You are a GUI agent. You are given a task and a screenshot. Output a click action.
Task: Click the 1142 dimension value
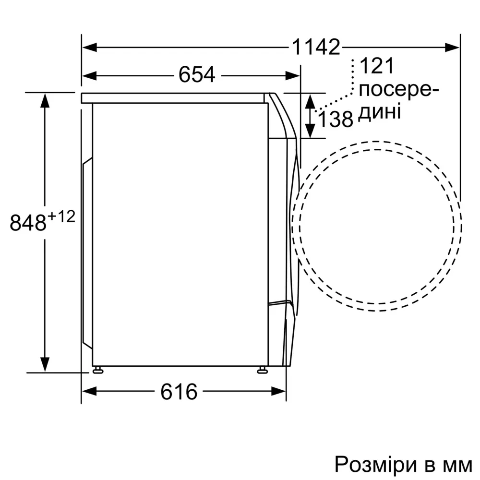click(x=316, y=47)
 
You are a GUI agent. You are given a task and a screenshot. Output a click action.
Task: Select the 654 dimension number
click(x=197, y=74)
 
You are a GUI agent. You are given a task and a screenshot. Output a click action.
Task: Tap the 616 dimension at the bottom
click(x=179, y=392)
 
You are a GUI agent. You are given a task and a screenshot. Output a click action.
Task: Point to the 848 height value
click(x=28, y=223)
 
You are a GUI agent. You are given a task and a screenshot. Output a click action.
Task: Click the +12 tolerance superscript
click(x=61, y=217)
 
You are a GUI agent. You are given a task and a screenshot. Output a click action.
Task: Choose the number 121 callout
click(x=376, y=66)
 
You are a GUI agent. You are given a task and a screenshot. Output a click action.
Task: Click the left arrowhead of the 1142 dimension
click(x=89, y=48)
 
